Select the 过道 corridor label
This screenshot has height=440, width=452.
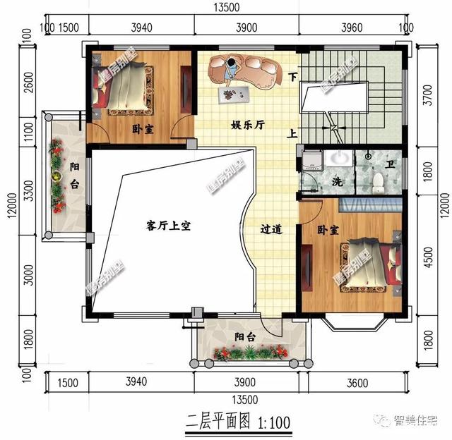[271, 228]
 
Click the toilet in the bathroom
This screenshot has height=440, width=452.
[378, 182]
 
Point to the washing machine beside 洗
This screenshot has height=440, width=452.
[311, 161]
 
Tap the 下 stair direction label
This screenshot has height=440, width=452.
[293, 77]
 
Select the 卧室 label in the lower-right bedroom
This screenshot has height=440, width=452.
[328, 231]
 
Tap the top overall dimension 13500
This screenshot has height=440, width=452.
[228, 8]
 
